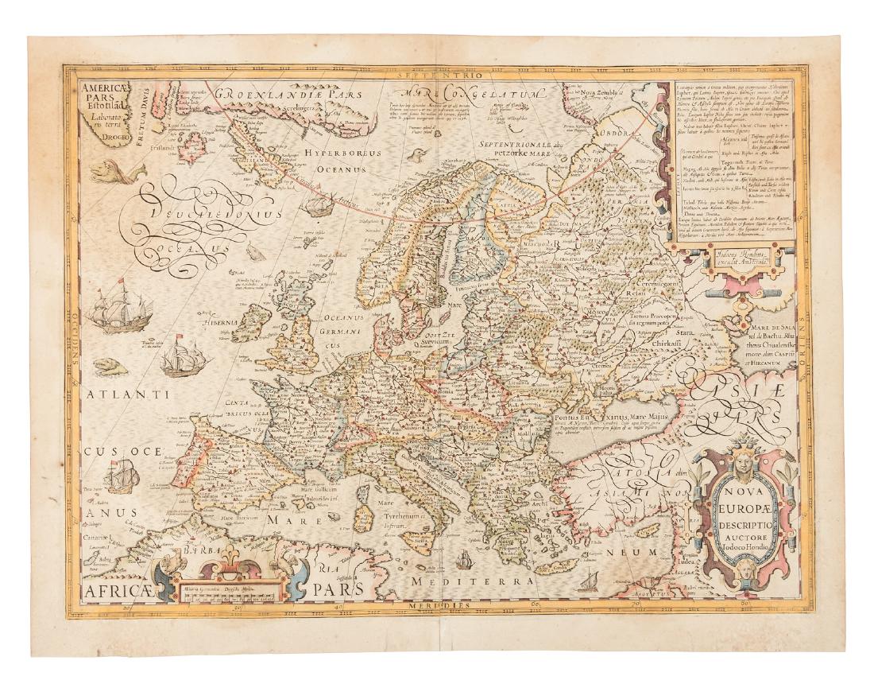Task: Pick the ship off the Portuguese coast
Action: (122, 477)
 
